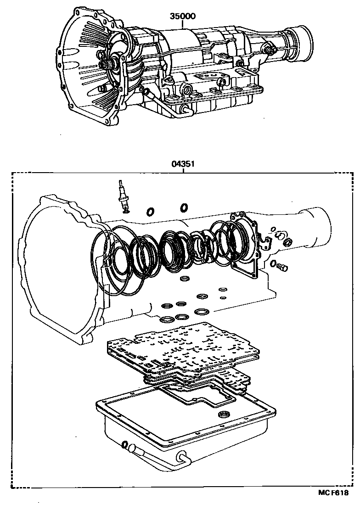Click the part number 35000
[x=183, y=17]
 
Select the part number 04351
[x=183, y=163]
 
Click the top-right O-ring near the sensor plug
[x=184, y=208]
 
